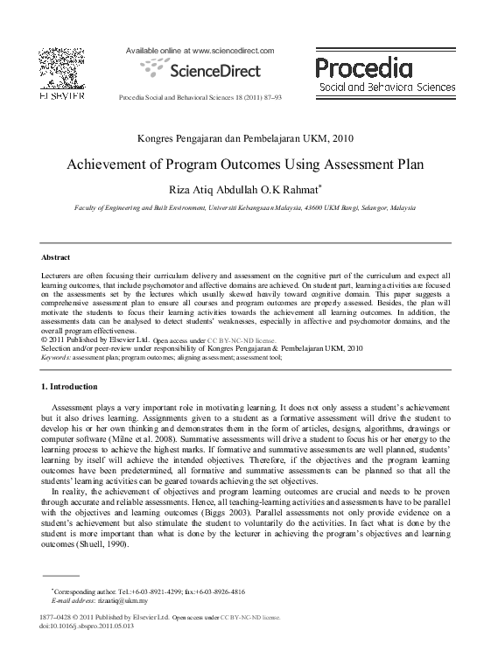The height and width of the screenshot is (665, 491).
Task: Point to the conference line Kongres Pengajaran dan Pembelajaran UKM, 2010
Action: tap(245, 138)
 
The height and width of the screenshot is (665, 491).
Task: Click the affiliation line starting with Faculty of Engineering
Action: tap(244, 209)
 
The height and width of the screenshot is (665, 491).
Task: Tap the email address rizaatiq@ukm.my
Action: tap(124, 601)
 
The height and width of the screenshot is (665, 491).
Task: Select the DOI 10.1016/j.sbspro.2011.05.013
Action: tap(88, 626)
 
